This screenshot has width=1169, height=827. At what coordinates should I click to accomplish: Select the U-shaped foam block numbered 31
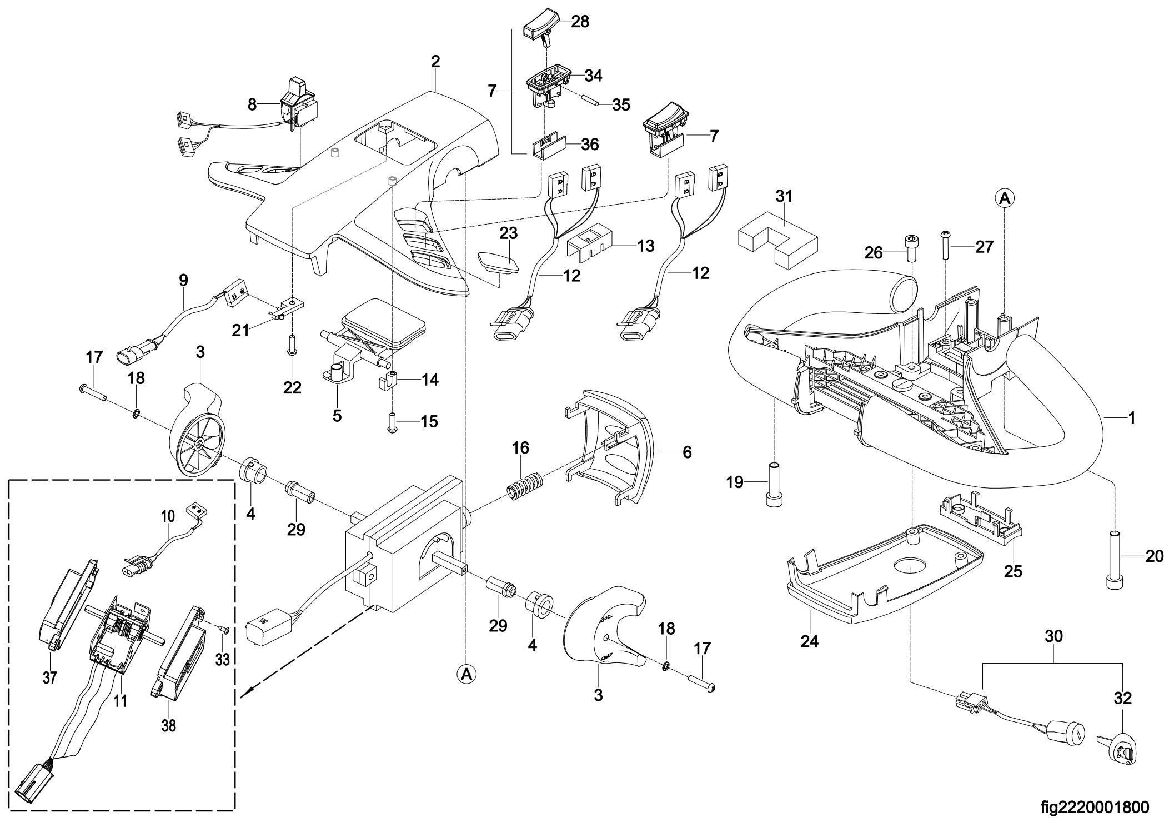tap(777, 241)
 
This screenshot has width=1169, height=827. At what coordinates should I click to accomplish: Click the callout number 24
tap(809, 641)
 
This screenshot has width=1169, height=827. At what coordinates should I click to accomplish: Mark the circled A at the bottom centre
tap(466, 674)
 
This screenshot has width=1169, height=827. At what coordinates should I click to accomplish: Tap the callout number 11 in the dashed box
tap(120, 701)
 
